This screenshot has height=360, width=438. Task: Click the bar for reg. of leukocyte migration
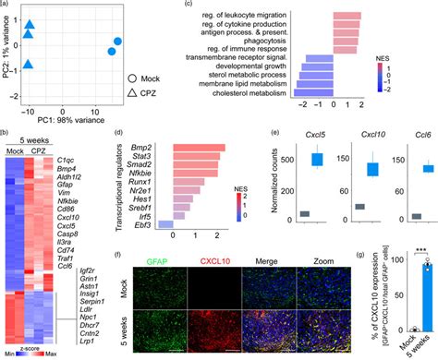347,16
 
